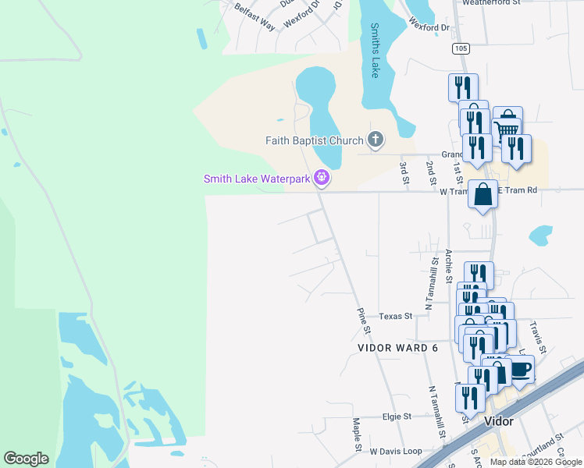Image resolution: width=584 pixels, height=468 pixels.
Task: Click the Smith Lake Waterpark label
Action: point(257,179)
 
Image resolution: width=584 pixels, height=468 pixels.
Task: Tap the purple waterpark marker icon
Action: point(321,179)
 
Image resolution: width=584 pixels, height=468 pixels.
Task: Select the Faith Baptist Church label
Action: point(314,140)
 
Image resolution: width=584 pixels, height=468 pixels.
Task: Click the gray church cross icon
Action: point(376,140)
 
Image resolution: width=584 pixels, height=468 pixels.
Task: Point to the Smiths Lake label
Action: point(375,50)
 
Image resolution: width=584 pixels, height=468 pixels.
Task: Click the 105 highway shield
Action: point(461,49)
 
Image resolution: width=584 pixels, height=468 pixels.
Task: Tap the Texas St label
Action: point(395,316)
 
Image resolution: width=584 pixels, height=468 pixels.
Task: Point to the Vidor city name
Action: point(498,421)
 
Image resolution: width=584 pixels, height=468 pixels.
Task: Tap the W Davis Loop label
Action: point(395,451)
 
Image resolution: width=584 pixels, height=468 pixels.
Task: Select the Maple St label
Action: point(356,434)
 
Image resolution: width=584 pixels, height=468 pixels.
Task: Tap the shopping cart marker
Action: point(507,123)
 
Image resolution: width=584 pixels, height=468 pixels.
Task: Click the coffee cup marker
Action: point(519,370)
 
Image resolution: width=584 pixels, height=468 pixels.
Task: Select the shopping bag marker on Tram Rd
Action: point(483,193)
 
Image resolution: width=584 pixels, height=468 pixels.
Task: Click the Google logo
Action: point(26,459)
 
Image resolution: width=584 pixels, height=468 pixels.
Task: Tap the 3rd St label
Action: point(404,172)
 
